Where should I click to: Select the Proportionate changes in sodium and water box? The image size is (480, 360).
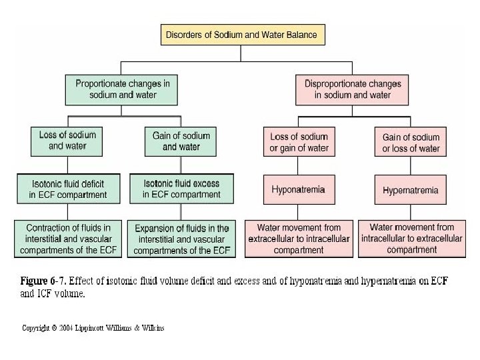point(121,89)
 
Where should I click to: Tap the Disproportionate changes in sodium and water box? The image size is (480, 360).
point(353,89)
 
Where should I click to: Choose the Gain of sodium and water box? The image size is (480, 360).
point(181,140)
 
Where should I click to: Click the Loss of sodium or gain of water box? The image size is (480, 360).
point(299,142)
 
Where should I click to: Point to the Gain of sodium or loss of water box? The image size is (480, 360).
point(411,143)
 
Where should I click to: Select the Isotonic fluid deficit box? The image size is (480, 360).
point(67,189)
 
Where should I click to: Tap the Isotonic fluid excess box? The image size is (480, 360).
point(181,189)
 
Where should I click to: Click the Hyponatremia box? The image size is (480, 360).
point(298,190)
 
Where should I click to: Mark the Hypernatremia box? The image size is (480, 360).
point(411,190)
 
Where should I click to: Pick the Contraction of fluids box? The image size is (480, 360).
point(67,238)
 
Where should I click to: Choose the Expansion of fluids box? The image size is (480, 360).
point(181,239)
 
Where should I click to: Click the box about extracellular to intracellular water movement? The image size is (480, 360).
point(299,239)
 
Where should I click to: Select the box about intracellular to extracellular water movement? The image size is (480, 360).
point(411,238)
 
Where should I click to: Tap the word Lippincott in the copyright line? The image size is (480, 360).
point(101,328)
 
